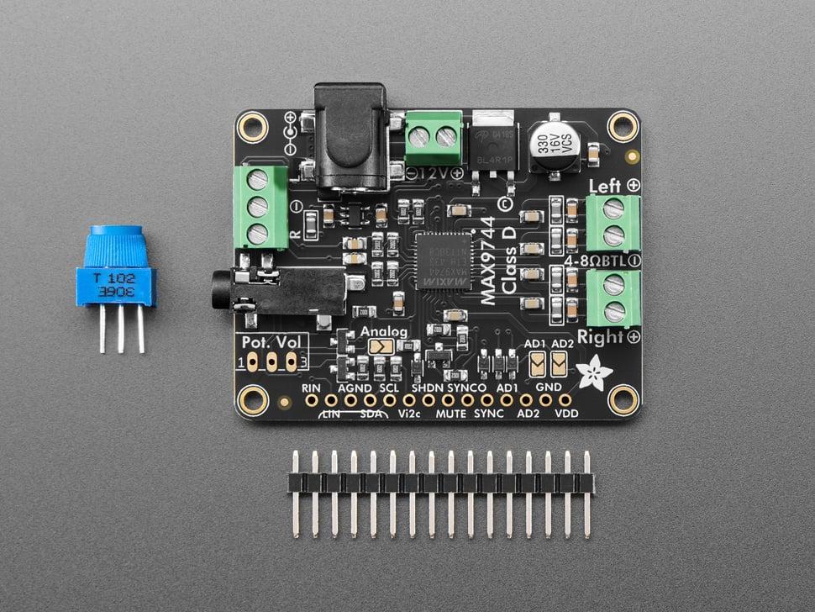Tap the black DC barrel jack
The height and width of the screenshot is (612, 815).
coord(350,139)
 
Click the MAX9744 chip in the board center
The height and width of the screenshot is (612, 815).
coord(444,261)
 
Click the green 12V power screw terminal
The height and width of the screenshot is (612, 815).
coord(434,137)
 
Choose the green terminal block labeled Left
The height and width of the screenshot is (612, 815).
coord(613,223)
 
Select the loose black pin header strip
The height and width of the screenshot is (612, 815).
coord(440,483)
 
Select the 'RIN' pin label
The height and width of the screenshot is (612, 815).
coord(311,387)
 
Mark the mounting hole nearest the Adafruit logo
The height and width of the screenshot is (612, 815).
coord(623,399)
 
